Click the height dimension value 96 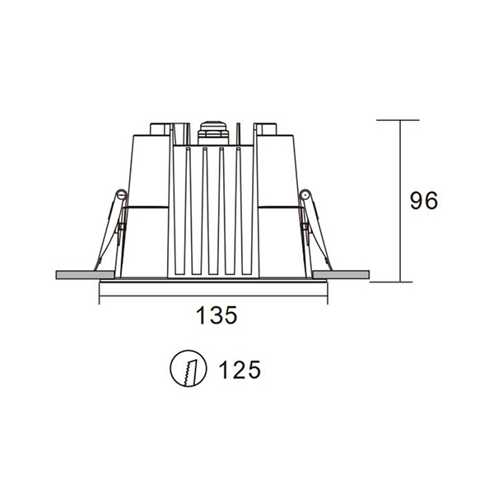424,200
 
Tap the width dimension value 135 217,315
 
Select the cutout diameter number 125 240,370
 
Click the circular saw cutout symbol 189,368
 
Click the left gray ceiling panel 85,274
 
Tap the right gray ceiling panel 341,274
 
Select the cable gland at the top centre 213,133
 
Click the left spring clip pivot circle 122,195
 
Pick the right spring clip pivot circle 305,195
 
